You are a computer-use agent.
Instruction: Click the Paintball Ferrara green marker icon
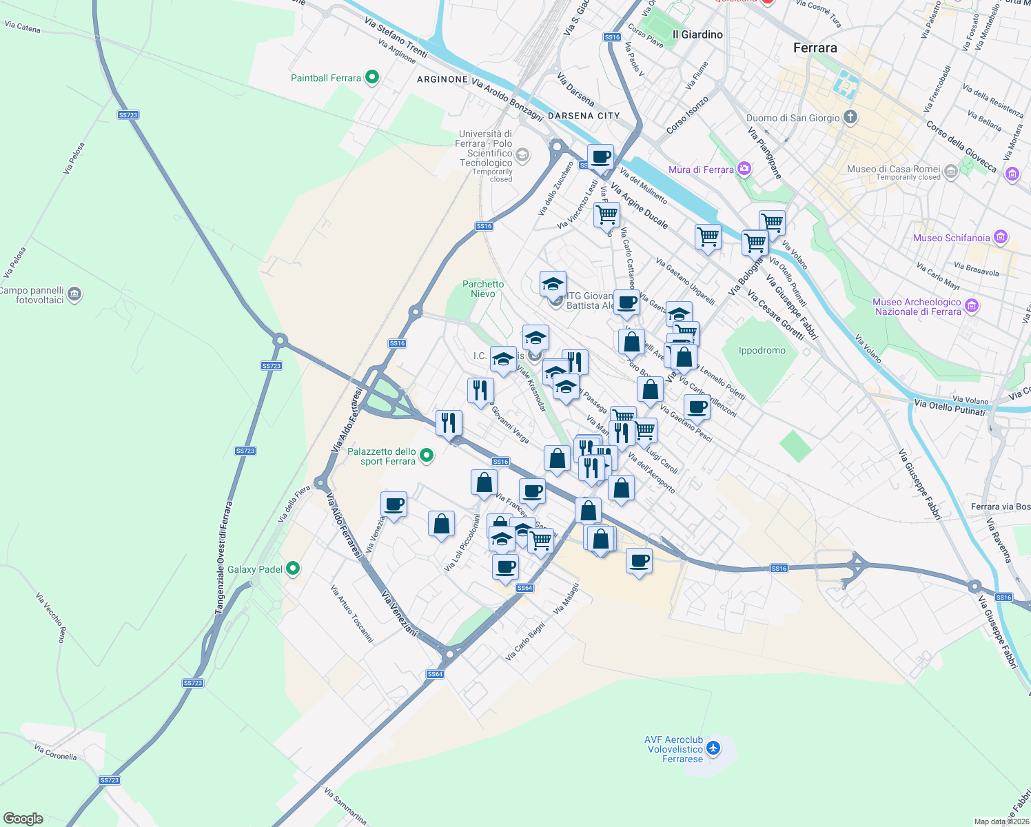tap(372, 77)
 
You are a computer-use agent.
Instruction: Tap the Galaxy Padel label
tap(255, 569)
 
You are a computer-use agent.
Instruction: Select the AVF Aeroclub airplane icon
tap(713, 748)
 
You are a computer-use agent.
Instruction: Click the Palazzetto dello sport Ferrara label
tap(382, 456)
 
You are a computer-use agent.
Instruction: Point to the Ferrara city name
tap(815, 48)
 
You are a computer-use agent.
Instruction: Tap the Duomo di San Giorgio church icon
tap(850, 116)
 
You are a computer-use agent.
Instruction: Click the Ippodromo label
tap(762, 350)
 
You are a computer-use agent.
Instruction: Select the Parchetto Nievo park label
tap(483, 289)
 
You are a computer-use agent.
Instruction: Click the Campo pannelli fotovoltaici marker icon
tap(75, 294)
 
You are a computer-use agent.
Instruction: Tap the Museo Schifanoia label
tap(951, 238)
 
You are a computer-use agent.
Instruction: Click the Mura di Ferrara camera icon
tap(744, 168)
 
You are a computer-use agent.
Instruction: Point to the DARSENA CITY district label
tap(584, 116)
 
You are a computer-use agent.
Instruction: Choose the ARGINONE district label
tap(442, 79)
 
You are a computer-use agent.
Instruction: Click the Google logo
tap(23, 819)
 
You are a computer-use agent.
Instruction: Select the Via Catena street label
tap(23, 28)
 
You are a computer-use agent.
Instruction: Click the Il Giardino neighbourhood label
tap(697, 34)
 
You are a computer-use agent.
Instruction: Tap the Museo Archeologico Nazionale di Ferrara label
tap(917, 307)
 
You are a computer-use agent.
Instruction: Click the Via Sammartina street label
tap(345, 807)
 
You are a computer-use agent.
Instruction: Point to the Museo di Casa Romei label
tap(893, 169)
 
